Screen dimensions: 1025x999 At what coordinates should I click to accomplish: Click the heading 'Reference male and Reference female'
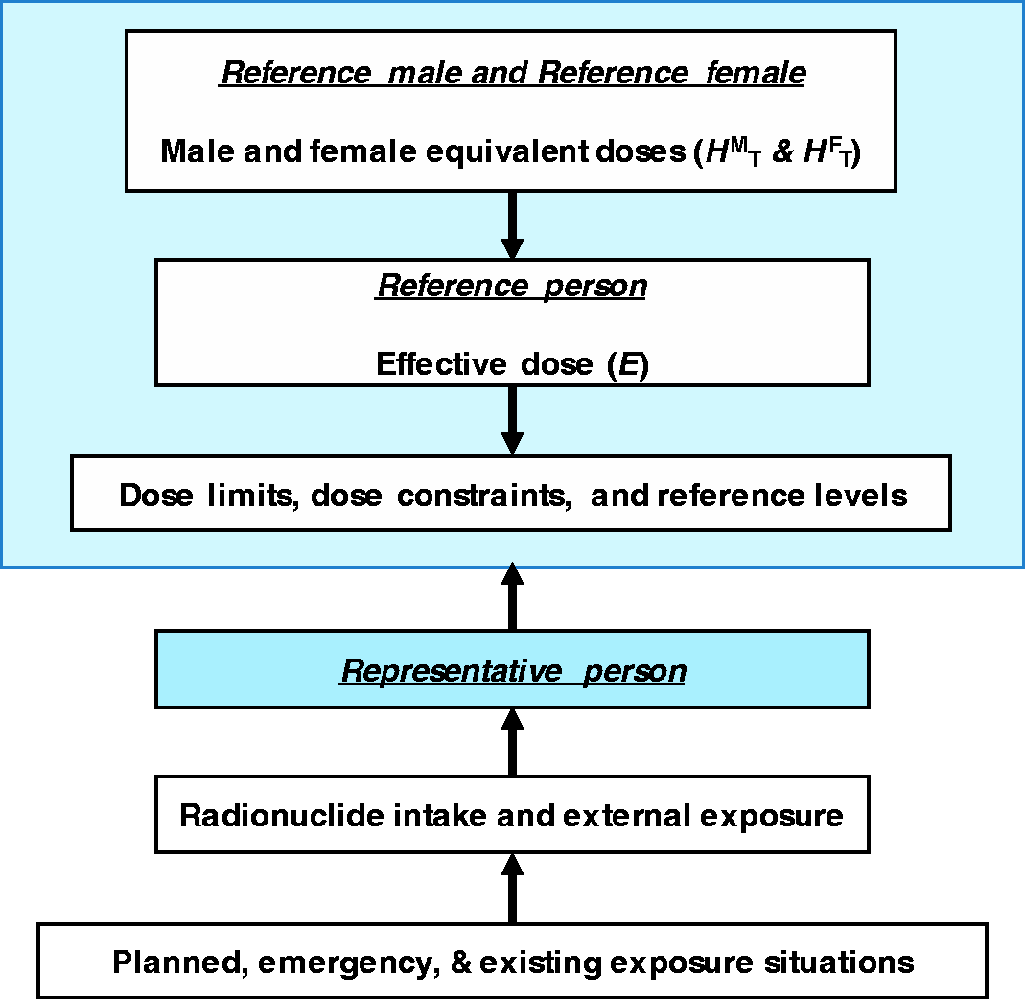(512, 73)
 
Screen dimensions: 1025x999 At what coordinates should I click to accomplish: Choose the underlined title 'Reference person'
(512, 287)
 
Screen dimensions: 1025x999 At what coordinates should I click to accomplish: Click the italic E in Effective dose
(628, 364)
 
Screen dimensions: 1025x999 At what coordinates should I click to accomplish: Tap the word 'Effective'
(441, 364)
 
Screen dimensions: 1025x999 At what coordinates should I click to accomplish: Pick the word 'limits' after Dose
(251, 496)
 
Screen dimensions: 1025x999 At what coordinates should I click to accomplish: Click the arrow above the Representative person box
(512, 596)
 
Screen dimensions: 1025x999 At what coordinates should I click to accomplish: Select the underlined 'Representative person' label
(512, 671)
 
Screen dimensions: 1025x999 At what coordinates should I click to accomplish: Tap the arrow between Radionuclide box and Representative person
(512, 742)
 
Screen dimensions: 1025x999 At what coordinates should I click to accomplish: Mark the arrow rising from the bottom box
(512, 889)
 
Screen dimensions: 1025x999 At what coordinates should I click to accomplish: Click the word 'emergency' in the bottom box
(348, 963)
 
